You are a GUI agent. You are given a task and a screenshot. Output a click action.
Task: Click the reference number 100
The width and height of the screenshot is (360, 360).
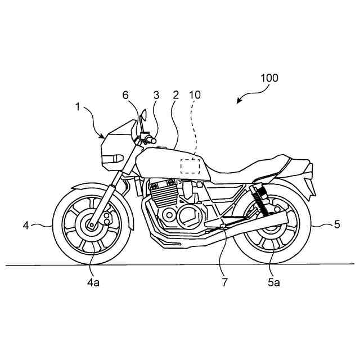[269, 78]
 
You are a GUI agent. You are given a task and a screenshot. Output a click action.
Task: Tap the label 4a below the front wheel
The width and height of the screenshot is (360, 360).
[94, 283]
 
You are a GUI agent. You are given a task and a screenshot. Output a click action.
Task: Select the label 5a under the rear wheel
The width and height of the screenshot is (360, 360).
[274, 283]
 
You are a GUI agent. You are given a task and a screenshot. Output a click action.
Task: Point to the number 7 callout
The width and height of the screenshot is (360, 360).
[225, 283]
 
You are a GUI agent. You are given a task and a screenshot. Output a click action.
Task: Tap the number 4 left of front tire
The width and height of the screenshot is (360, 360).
[26, 225]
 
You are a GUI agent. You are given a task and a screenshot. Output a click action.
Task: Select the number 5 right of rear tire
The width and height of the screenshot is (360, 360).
[337, 225]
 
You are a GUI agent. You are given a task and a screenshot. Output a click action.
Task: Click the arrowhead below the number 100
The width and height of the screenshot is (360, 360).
[239, 102]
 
